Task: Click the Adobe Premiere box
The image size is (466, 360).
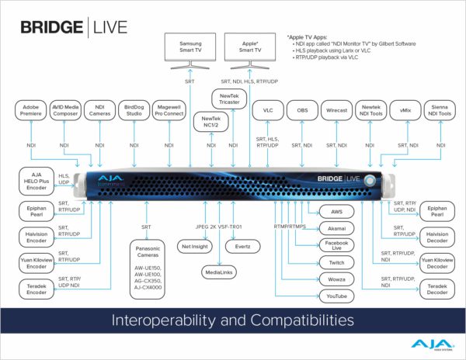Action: point(32,111)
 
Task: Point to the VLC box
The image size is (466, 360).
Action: point(267,111)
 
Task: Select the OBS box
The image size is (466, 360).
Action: point(302,111)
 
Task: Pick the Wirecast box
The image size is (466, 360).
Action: point(336,111)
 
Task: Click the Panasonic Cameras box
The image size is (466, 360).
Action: point(144,268)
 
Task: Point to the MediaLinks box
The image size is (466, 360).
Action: point(219,272)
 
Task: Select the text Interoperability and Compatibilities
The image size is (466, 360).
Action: point(233,319)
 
